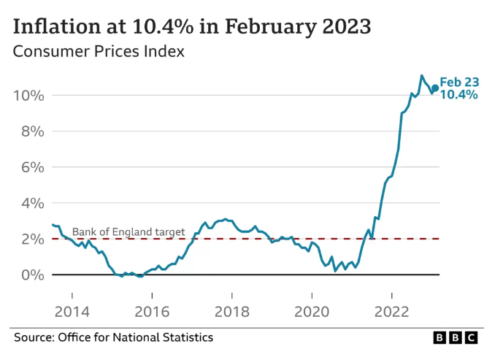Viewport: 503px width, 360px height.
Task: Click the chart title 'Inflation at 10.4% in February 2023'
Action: click(192, 26)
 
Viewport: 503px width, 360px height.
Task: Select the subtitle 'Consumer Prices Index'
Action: click(99, 52)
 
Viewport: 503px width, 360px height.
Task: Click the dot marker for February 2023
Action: click(436, 88)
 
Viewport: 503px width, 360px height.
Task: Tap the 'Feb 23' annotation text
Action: click(459, 82)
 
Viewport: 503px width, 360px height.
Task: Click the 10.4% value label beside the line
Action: click(458, 95)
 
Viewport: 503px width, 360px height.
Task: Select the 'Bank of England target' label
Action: click(128, 231)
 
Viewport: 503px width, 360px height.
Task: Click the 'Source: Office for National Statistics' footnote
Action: click(114, 337)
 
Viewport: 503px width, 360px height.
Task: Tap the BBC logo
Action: click(456, 337)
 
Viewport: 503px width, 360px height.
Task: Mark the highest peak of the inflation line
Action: click(421, 75)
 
